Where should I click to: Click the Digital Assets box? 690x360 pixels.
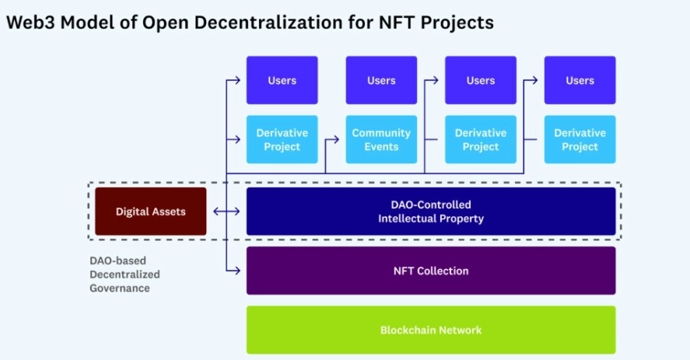[150, 211]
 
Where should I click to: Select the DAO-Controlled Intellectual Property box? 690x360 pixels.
[431, 211]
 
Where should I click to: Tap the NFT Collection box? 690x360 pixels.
[431, 271]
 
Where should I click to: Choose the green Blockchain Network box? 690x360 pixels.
[431, 330]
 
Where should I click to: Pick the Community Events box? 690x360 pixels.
[381, 139]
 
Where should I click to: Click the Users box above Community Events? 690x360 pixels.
[381, 80]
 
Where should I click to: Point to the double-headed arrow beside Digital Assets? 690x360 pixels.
[226, 211]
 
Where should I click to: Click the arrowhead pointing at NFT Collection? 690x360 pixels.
[236, 271]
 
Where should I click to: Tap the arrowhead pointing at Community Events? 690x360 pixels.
[335, 139]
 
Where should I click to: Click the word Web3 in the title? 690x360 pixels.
[30, 23]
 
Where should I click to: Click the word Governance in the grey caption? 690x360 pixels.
[120, 288]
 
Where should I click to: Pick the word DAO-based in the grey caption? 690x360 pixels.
[118, 260]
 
